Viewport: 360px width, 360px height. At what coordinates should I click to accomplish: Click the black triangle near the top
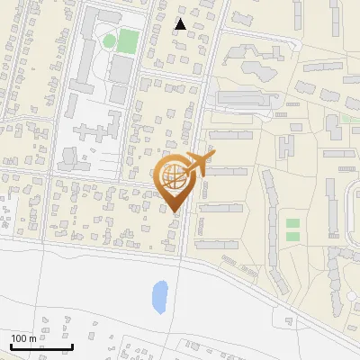(x=181, y=24)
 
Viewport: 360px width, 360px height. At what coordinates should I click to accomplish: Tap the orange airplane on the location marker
(x=199, y=164)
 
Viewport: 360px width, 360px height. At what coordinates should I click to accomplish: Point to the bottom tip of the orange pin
(x=173, y=212)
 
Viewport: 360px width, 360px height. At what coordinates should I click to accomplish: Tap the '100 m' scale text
(x=23, y=338)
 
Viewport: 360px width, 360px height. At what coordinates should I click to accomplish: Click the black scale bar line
(x=41, y=346)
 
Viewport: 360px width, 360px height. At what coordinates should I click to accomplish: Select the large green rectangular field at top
(x=129, y=40)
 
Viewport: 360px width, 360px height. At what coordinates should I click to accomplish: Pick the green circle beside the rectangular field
(x=109, y=40)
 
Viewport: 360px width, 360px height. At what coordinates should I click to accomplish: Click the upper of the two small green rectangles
(x=292, y=223)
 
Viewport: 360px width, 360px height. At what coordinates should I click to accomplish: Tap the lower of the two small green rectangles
(x=292, y=236)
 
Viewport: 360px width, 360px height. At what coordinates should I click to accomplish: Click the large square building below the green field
(x=120, y=68)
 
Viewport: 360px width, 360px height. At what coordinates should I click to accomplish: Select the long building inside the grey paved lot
(x=244, y=97)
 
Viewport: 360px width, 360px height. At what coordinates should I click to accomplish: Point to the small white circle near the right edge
(x=351, y=295)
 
